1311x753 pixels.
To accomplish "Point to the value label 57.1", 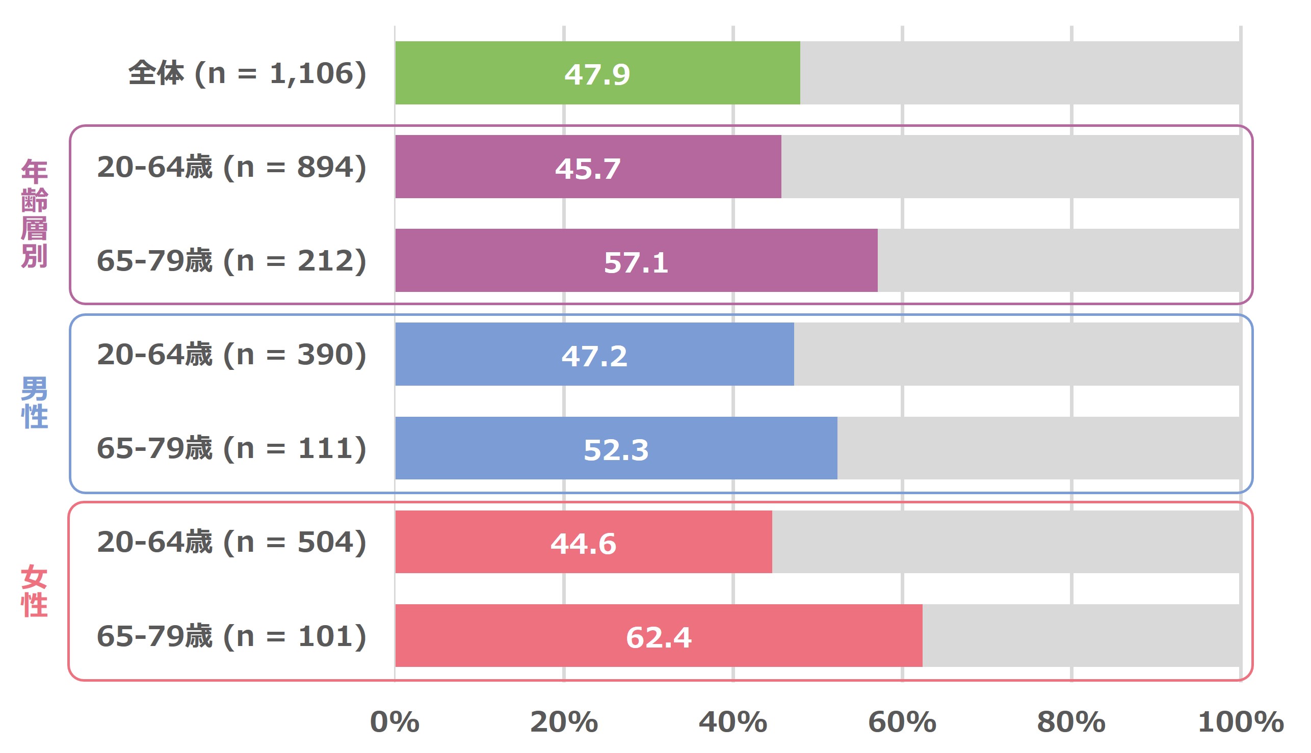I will point(636,262).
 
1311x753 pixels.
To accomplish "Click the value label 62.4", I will point(659,637).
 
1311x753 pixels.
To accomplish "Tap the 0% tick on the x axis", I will point(395,722).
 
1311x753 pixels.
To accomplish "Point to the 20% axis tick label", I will point(564,722).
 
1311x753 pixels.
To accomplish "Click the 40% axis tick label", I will point(733,722).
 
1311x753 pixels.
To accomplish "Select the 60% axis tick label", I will point(902,722).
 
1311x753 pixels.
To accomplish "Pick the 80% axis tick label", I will point(1071,722).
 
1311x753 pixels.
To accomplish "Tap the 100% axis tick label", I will point(1241,722).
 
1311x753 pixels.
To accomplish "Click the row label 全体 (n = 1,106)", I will point(247,73).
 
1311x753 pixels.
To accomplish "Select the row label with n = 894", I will point(232,167).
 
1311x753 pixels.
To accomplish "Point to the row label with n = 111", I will point(232,448).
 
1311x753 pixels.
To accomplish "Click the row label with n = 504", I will point(232,542).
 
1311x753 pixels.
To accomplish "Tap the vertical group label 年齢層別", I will point(34,213).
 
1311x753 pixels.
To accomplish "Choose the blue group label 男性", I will point(34,402).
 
